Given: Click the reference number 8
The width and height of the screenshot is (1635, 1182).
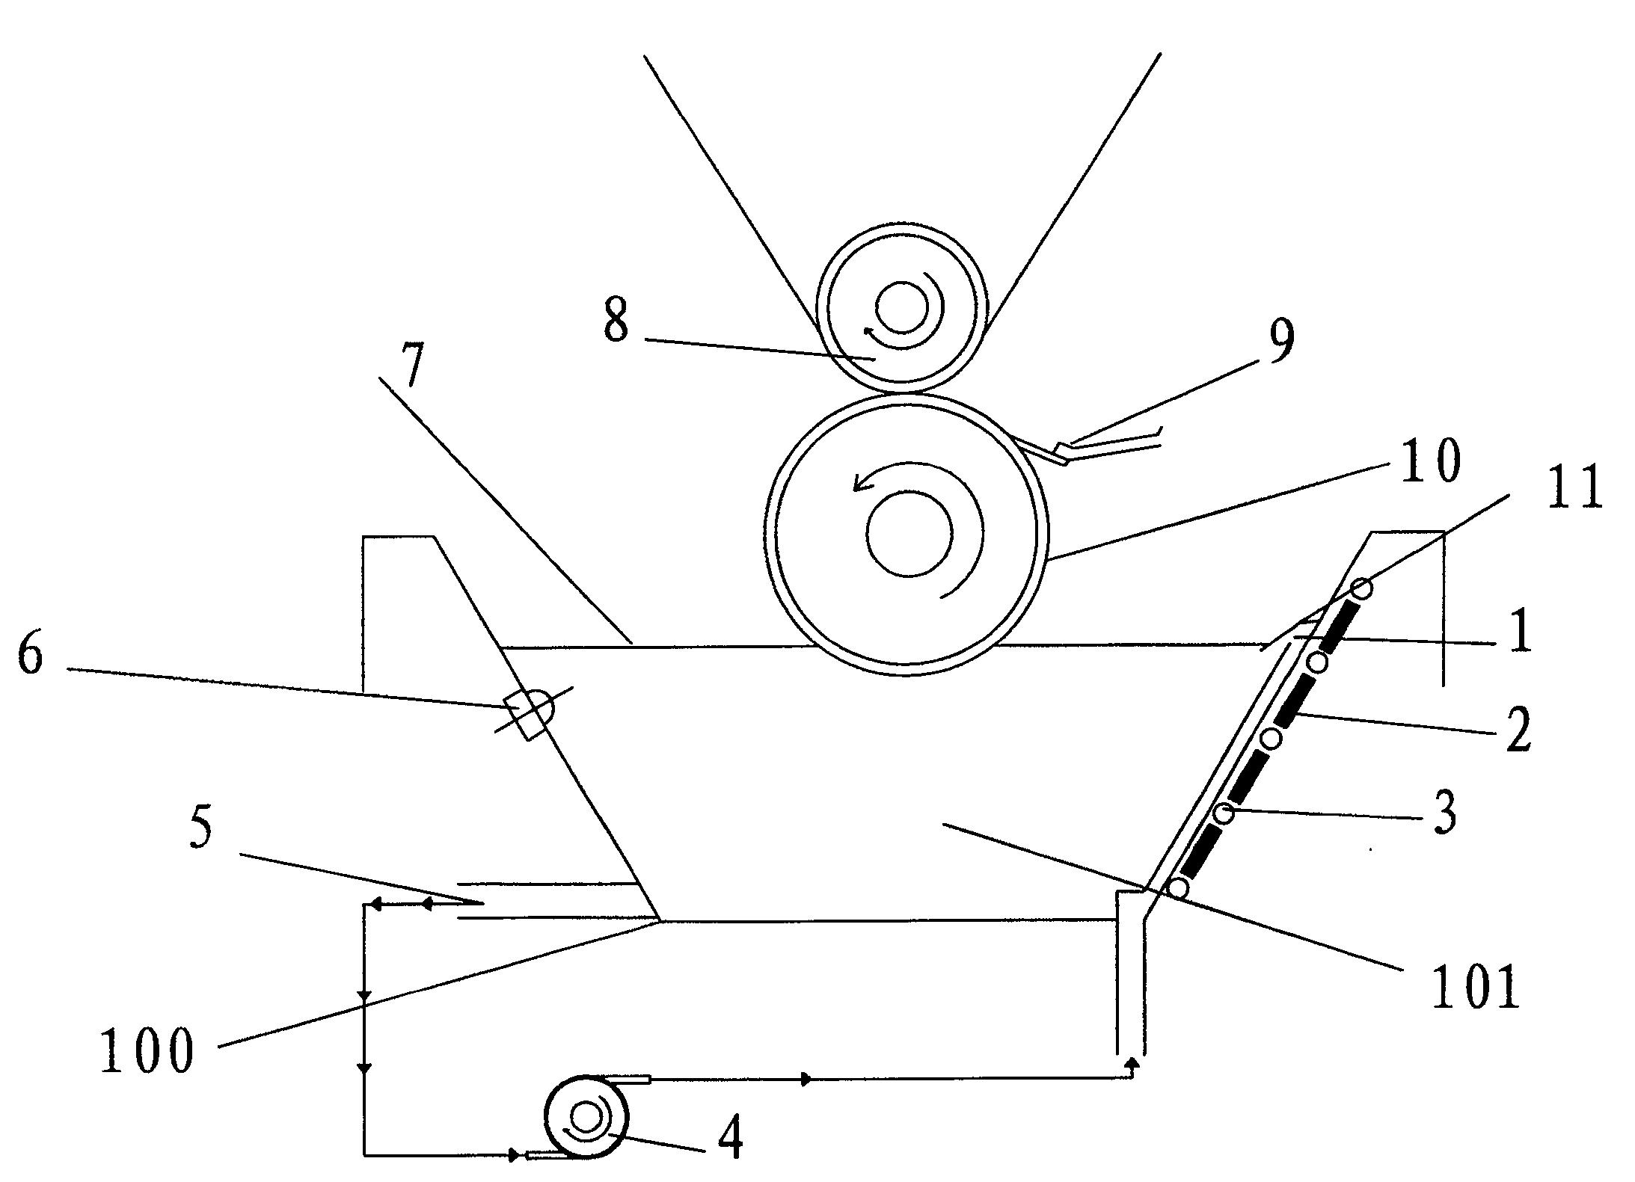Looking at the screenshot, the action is click(x=616, y=323).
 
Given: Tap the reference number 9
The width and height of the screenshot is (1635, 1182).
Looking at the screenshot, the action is click(x=1280, y=342).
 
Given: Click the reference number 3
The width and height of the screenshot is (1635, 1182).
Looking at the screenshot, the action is click(x=1444, y=813).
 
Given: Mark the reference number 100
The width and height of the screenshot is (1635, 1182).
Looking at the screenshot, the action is click(x=147, y=1050).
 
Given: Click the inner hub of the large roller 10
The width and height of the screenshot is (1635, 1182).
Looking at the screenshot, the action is click(x=909, y=533).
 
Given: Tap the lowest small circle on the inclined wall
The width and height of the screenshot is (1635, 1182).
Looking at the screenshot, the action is click(x=1178, y=888).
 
